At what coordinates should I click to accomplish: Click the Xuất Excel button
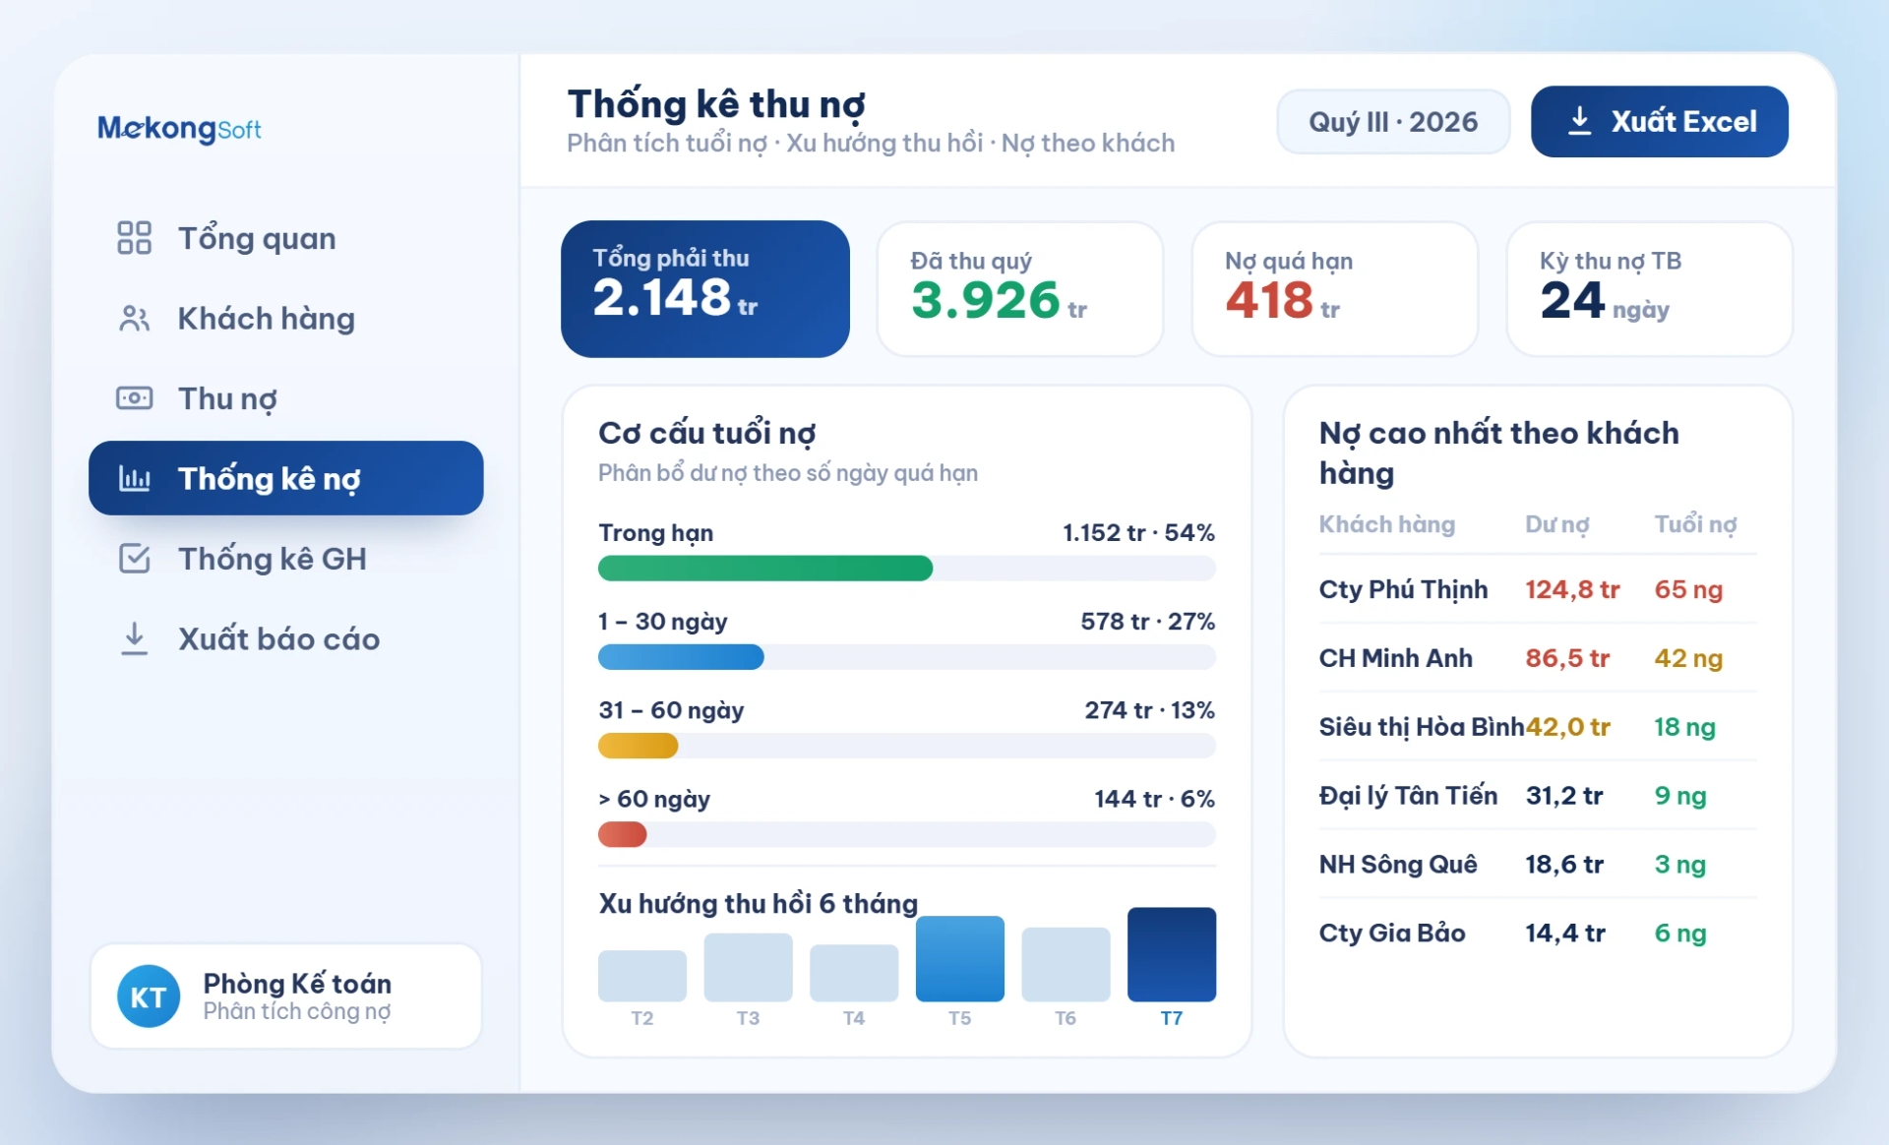pos(1659,121)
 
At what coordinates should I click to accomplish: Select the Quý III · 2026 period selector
pos(1393,121)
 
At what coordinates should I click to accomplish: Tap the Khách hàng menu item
pos(236,319)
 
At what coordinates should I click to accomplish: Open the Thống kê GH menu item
pos(242,559)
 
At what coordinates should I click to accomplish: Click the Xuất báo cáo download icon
pos(135,638)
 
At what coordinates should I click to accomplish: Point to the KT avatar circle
pos(149,996)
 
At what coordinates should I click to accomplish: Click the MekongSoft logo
pos(179,128)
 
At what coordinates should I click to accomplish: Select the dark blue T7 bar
pos(1172,954)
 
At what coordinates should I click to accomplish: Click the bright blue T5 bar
pos(960,959)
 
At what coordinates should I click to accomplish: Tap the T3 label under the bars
pos(748,1018)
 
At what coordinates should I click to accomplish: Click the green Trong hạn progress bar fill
pos(765,569)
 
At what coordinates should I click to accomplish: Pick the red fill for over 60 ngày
pos(623,835)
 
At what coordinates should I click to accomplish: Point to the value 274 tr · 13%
pos(1149,710)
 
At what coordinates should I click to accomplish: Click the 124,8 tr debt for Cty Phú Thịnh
pos(1572,589)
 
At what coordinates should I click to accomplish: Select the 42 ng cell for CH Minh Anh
pos(1688,658)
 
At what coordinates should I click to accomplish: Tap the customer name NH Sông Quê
pos(1398,865)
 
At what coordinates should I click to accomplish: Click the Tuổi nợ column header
pos(1695,524)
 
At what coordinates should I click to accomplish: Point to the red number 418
pos(1269,300)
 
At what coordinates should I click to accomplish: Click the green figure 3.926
pos(985,300)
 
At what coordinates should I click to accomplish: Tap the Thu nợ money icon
pos(135,398)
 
